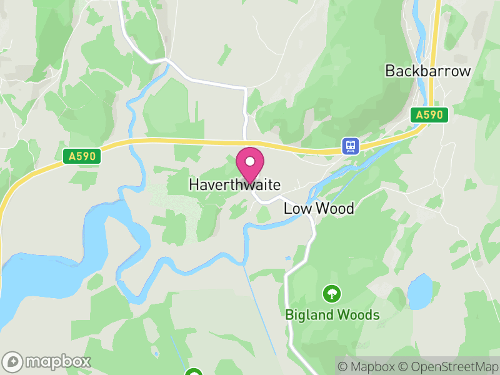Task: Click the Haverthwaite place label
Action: coord(234,186)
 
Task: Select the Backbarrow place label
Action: coord(427,71)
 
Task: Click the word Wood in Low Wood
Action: coord(334,208)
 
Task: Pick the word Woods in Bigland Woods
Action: coord(359,314)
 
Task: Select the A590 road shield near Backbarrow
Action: coord(429,115)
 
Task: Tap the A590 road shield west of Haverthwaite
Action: coord(82,156)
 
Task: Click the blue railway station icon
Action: coord(351,146)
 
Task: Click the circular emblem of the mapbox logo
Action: coord(12,362)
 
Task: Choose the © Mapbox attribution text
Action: coord(366,366)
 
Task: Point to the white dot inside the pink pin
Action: coord(250,161)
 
